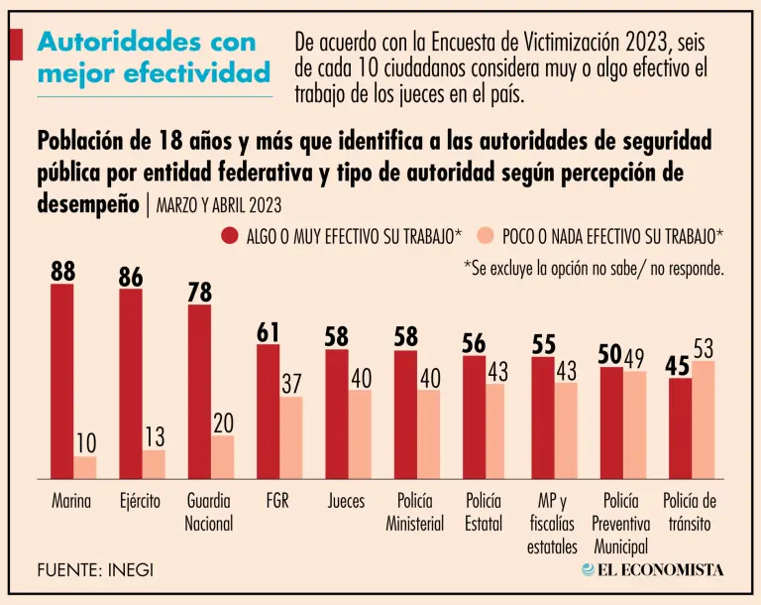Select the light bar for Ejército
[154, 464]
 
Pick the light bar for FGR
[291, 437]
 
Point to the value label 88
[62, 271]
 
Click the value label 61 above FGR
[269, 332]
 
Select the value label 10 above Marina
[85, 442]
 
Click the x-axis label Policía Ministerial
[414, 512]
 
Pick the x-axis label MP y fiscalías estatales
[552, 523]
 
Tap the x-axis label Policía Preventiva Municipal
[620, 523]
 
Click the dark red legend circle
[230, 236]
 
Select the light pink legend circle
[487, 236]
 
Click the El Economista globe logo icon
[589, 569]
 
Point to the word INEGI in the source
[129, 570]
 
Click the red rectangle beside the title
[16, 45]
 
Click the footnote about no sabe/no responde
[594, 268]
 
